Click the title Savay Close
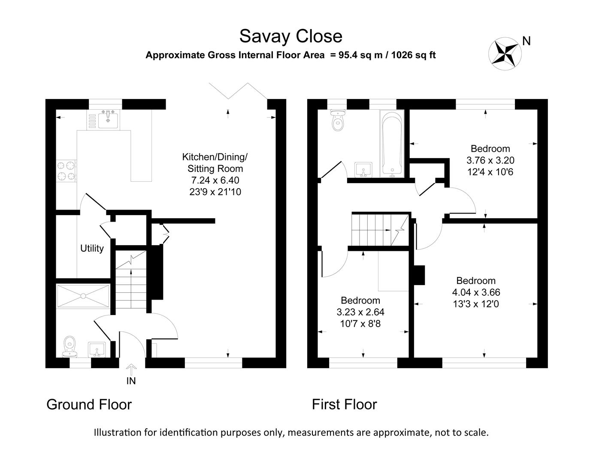point(290,36)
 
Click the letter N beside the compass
point(526,41)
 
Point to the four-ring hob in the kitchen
point(67,170)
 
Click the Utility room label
point(92,249)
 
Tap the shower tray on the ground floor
point(83,295)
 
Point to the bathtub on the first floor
point(391,144)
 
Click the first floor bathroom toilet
point(338,120)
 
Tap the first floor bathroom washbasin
point(364,169)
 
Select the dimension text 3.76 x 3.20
point(490,161)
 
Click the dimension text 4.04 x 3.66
point(476,293)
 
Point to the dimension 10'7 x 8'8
point(360,324)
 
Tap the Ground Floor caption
point(89,404)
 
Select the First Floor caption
point(344,404)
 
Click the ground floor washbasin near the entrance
point(98,350)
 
